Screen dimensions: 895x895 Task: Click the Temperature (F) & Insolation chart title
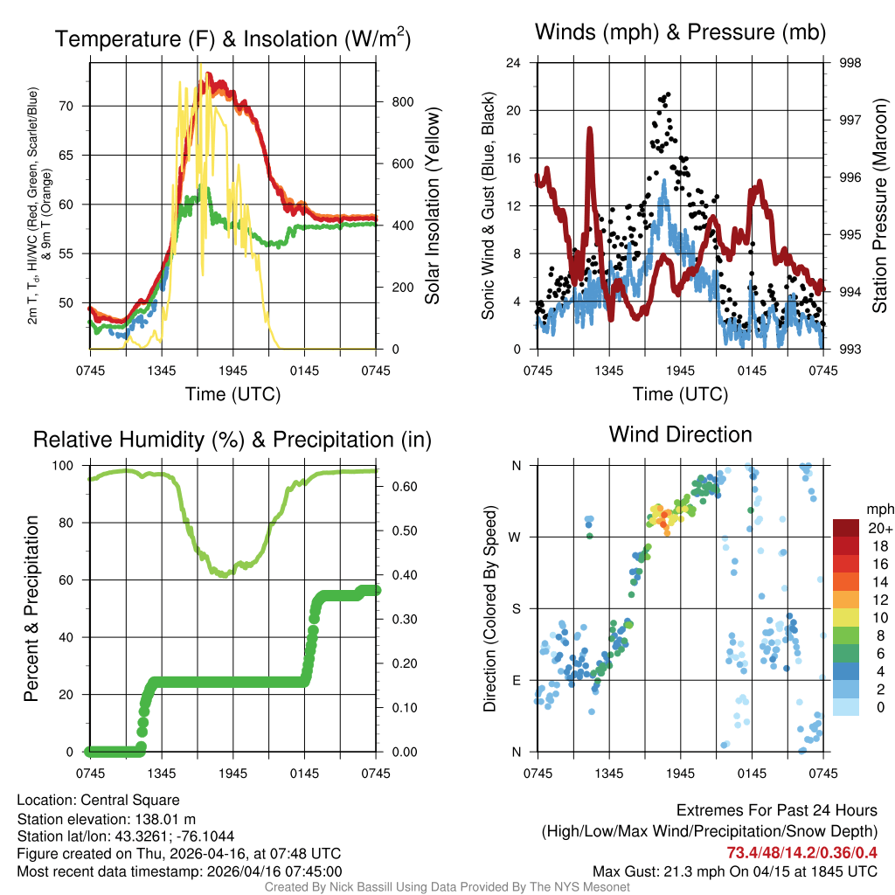click(232, 38)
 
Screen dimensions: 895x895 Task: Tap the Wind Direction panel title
click(680, 434)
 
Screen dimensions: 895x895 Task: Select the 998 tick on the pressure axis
click(849, 63)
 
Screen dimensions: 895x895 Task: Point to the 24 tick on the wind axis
click(514, 63)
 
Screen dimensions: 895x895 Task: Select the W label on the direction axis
click(516, 537)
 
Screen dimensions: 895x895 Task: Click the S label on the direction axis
click(517, 608)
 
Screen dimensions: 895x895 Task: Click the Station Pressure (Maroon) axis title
click(880, 206)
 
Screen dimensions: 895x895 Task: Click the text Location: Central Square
click(98, 800)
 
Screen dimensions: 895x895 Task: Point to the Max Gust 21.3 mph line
click(734, 871)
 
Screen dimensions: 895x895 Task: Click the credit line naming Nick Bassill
click(447, 886)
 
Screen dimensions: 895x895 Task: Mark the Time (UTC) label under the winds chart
click(680, 394)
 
